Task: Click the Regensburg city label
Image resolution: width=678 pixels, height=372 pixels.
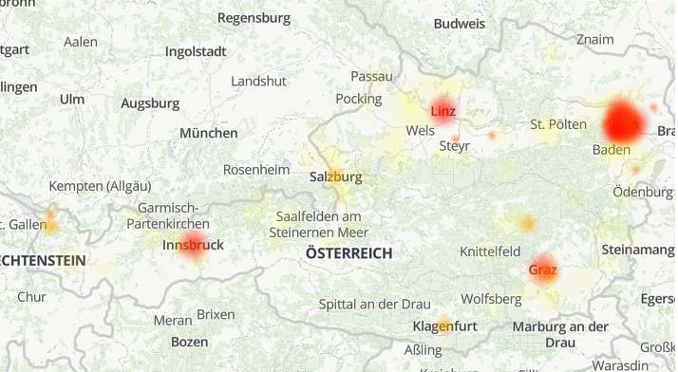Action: (x=254, y=17)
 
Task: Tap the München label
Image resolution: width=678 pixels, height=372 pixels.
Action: (x=209, y=133)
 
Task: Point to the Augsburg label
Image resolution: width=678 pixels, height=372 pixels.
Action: (x=150, y=102)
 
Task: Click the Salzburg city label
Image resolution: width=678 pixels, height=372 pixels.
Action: (x=335, y=177)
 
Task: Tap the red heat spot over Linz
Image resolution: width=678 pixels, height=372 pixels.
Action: (x=443, y=109)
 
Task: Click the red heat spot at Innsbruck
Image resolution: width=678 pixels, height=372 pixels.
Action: (x=194, y=244)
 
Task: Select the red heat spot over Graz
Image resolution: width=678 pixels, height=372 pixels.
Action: (x=542, y=269)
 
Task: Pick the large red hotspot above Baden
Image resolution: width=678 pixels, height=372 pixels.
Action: (x=625, y=121)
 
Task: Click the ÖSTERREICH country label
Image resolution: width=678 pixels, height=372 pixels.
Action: (x=349, y=252)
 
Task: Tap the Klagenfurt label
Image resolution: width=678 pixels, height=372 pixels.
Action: (x=444, y=326)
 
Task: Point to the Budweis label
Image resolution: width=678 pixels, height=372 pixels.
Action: (x=458, y=23)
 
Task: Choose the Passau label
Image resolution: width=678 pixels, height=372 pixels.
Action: (x=371, y=76)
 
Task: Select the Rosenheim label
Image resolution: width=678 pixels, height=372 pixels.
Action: (x=255, y=169)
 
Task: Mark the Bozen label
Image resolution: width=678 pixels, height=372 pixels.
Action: (x=190, y=341)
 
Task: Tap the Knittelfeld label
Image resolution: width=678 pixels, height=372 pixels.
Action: (x=489, y=251)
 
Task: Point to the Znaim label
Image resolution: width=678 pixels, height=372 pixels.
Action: (x=595, y=40)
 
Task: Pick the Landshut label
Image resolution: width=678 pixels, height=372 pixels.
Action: (x=258, y=81)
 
